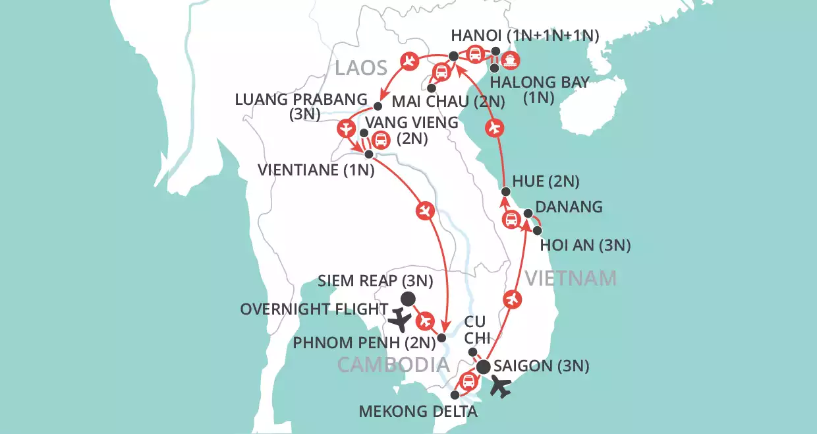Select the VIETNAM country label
click(x=571, y=279)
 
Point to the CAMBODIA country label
click(x=393, y=365)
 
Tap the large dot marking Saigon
click(x=483, y=367)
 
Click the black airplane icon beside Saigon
click(x=501, y=388)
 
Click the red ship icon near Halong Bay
click(x=511, y=61)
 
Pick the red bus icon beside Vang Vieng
click(x=380, y=139)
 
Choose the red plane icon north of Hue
click(x=496, y=127)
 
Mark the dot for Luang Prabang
click(x=378, y=106)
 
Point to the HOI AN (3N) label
click(x=585, y=246)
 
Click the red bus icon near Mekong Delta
click(x=468, y=381)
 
